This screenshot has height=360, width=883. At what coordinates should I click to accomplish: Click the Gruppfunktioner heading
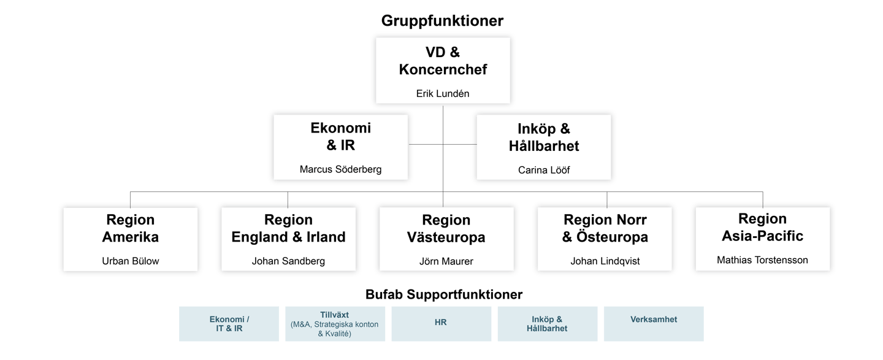coord(442,21)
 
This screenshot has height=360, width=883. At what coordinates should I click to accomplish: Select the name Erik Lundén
coord(443,93)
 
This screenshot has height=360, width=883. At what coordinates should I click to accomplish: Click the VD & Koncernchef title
coord(443,61)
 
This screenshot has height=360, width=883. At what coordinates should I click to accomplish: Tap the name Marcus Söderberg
coord(340,169)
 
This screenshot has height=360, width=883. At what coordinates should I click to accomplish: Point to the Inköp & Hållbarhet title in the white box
coord(544,137)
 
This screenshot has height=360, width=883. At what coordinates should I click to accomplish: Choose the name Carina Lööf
coord(544,170)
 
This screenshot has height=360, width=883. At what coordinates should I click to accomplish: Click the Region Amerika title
coord(131,228)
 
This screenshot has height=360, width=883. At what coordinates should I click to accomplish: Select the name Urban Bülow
coord(131,261)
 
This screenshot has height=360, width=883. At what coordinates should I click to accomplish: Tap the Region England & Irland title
coord(288,228)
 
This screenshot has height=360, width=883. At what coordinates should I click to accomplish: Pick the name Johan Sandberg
coord(288,261)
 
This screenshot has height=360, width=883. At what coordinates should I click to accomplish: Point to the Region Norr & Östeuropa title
coord(605,228)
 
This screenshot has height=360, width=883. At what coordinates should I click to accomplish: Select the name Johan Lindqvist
coord(605,261)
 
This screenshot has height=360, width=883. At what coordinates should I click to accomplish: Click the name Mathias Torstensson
coord(762,260)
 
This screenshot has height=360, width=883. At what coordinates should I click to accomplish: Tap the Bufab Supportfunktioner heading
coord(444,294)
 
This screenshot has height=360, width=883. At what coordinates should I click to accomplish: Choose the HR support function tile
coord(441,323)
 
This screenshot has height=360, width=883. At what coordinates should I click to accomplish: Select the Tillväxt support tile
coord(335,323)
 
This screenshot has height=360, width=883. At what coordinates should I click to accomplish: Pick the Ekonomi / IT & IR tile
coord(229,323)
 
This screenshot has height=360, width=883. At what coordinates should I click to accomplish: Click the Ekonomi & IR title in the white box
coord(340,137)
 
